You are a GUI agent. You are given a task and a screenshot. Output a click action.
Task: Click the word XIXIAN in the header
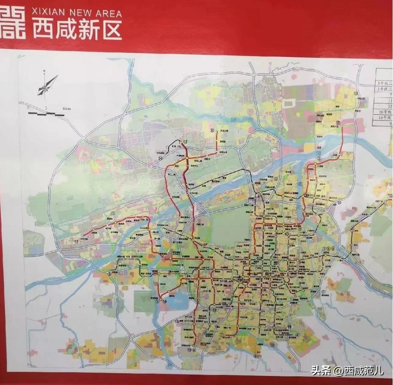point(46,13)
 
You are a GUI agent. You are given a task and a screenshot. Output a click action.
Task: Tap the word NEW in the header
point(79,13)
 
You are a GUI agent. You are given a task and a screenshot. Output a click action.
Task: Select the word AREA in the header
point(107,13)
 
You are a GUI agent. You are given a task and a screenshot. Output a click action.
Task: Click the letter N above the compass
point(43,72)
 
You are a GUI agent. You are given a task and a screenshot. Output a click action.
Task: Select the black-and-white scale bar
point(45,114)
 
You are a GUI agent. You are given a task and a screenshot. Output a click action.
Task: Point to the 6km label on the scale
point(66,109)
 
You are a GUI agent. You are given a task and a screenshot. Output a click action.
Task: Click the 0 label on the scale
point(28,106)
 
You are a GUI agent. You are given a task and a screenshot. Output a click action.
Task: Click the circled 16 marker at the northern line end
point(212,130)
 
